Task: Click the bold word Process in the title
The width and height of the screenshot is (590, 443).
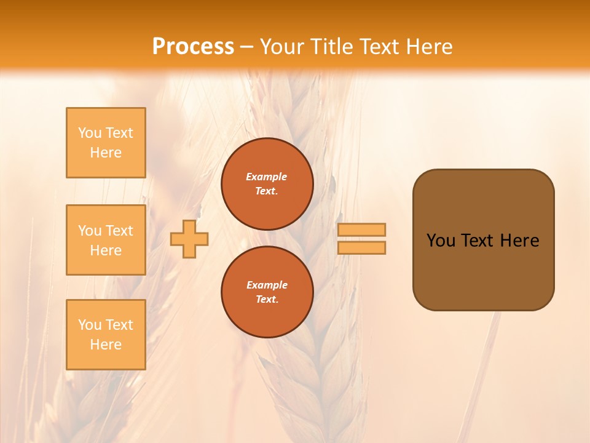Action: tap(193, 47)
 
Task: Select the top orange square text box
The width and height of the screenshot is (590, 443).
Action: tap(106, 143)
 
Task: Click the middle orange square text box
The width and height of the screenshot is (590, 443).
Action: tap(106, 240)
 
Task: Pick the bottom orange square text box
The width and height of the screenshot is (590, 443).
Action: tap(106, 335)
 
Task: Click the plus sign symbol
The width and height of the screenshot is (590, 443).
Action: tap(189, 239)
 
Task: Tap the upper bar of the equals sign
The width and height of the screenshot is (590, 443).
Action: tap(362, 229)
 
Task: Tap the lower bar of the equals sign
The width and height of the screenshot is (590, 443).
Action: tap(362, 247)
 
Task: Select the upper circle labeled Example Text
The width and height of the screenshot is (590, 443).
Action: tap(267, 184)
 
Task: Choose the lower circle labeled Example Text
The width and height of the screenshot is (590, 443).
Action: tap(267, 292)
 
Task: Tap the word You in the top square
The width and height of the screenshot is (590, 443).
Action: tap(90, 133)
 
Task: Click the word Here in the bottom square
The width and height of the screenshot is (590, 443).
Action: tap(106, 345)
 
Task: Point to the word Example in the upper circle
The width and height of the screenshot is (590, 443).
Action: tap(267, 177)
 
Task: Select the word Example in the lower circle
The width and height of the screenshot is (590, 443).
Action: tap(267, 285)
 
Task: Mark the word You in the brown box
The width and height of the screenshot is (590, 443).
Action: tap(441, 241)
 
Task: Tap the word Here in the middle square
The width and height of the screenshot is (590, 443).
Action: tap(106, 250)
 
